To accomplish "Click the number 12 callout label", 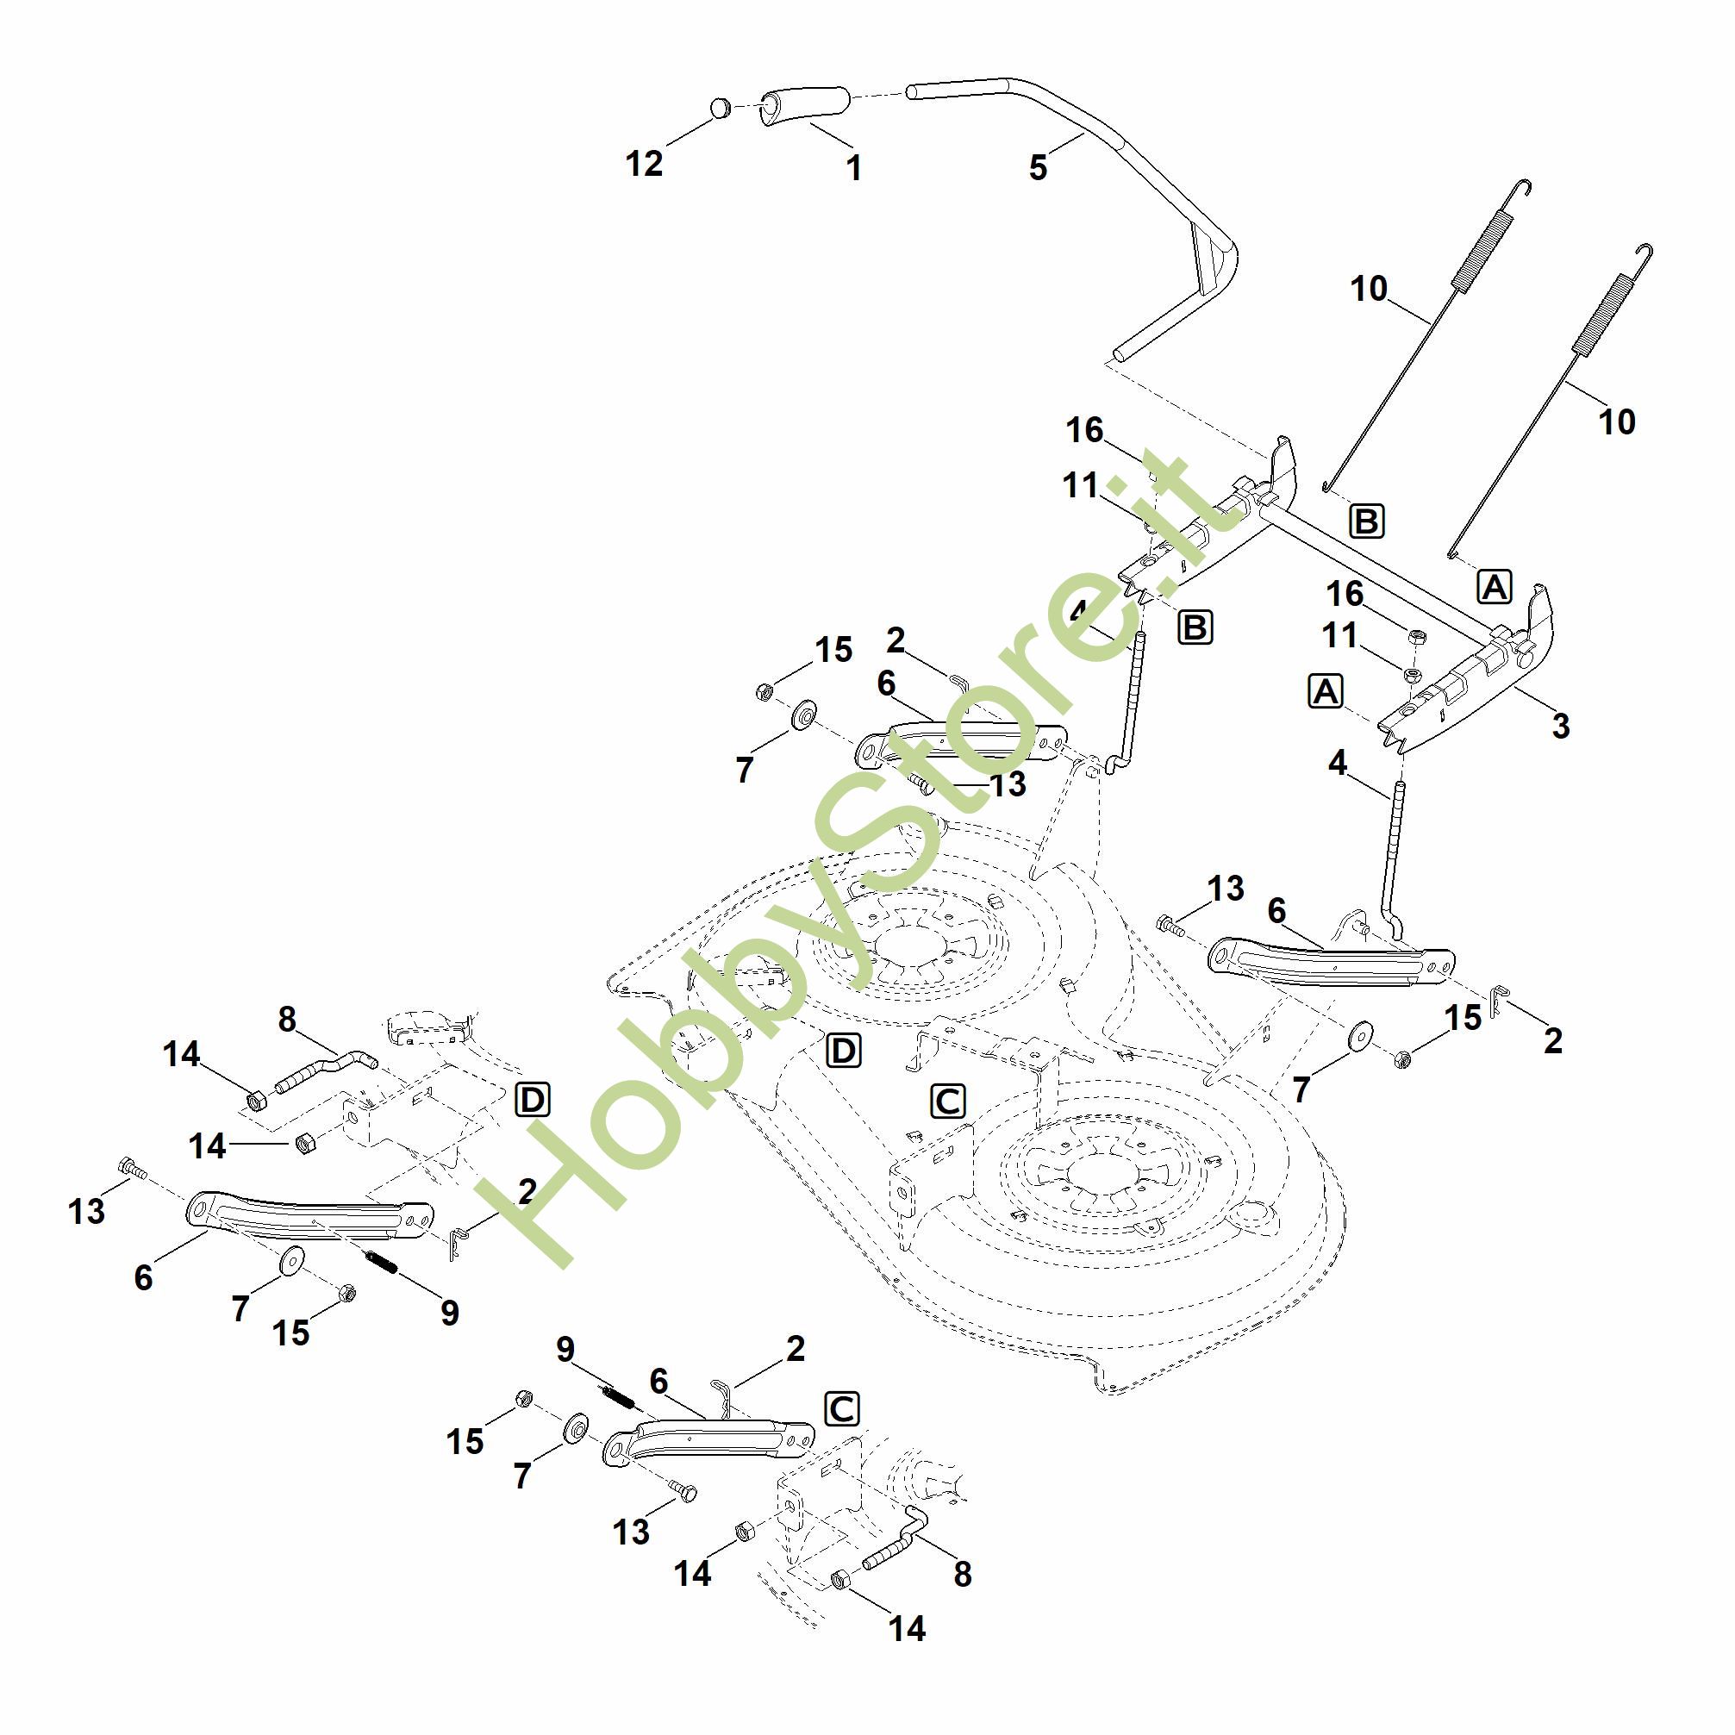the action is [644, 164].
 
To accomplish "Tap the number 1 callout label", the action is [854, 168].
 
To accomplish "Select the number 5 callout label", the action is [1038, 168].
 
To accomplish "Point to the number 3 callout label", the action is [1561, 726].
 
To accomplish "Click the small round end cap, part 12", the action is [721, 109].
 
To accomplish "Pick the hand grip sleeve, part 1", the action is [805, 106].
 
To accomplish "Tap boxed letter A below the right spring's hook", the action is [1495, 586].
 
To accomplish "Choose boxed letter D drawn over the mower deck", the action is [843, 1051].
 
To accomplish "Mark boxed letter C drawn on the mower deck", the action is [948, 1101].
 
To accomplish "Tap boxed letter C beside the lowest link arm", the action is [841, 1409].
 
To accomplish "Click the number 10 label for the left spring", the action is [1369, 290].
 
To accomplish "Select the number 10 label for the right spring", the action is [1616, 421].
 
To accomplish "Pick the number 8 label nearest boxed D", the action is [286, 1020].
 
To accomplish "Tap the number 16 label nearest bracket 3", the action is [1345, 594].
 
